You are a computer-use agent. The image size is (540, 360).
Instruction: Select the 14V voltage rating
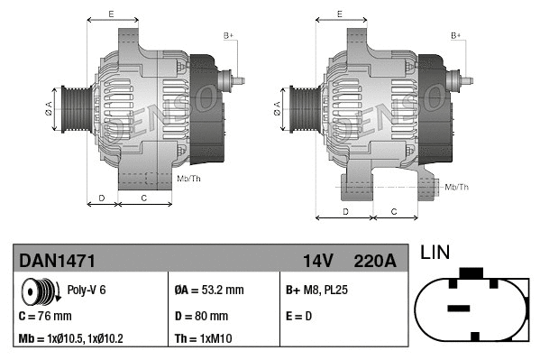pos(317,261)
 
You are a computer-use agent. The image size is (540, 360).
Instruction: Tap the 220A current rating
pos(376,261)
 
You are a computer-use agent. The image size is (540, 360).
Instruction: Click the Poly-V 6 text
pos(87,291)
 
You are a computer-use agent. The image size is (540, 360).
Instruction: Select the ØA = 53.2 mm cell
pos(208,291)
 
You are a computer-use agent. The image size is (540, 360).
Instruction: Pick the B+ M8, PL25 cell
pos(316,291)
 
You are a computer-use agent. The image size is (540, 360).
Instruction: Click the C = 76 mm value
pos(45,316)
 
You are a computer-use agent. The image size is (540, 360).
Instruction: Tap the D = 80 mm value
pos(201,316)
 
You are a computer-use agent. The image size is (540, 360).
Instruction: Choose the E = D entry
pos(299,316)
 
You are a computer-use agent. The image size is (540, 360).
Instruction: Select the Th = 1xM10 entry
pos(203,339)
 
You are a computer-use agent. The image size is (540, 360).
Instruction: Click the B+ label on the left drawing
pos(229,35)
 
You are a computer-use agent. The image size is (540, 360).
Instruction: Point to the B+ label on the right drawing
pos(456,35)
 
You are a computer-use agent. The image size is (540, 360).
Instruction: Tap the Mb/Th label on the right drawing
pos(457,187)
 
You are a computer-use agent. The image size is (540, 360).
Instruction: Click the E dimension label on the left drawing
pos(111,14)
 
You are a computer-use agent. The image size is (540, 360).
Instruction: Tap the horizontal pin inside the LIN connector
pos(459,308)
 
